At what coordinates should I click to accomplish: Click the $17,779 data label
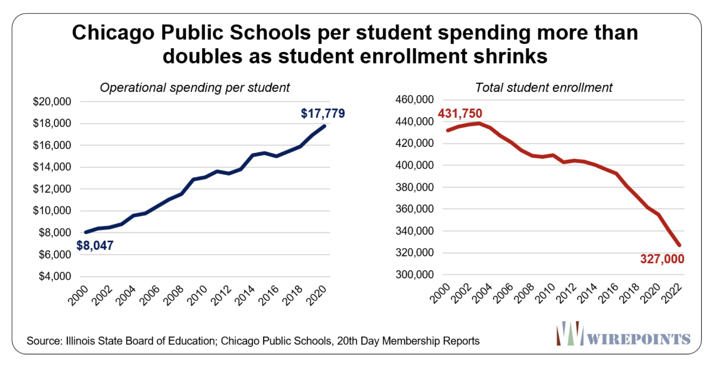(323, 114)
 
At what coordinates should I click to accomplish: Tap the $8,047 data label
(95, 246)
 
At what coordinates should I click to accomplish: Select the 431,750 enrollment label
(460, 114)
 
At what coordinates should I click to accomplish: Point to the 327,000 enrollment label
(662, 259)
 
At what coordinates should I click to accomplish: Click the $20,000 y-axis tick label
(52, 102)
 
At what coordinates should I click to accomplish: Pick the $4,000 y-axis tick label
(55, 276)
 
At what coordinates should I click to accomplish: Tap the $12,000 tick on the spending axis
(52, 189)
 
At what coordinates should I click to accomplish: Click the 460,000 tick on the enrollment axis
(414, 99)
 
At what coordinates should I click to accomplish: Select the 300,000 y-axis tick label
(414, 275)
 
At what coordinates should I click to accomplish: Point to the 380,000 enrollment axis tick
(414, 187)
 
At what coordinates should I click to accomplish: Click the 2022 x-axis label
(671, 295)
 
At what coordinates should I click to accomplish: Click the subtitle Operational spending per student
(194, 87)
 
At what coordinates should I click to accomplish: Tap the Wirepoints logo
(623, 334)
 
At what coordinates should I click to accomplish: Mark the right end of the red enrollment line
(679, 245)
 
